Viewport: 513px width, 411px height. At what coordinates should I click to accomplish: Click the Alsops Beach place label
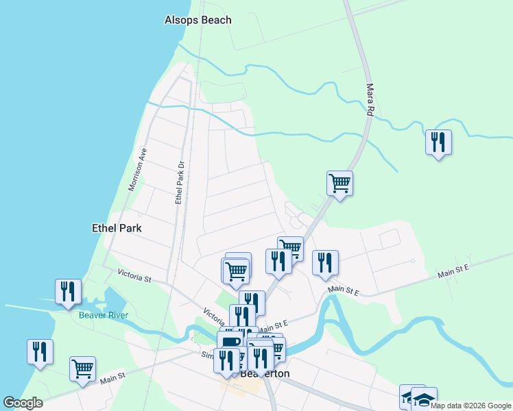[198, 20]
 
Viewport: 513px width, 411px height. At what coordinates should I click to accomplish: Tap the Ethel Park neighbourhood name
[117, 227]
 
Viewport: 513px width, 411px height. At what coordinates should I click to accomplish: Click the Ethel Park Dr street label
[180, 182]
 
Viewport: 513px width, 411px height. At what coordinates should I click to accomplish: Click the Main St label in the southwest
[113, 377]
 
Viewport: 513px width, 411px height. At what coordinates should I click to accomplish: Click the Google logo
[23, 403]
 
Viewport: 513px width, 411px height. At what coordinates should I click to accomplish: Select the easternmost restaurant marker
[438, 142]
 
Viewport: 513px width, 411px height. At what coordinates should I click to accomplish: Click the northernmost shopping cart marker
[339, 183]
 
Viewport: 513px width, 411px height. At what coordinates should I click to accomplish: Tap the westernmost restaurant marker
[40, 351]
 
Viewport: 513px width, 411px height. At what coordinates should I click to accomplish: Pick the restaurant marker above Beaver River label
[68, 291]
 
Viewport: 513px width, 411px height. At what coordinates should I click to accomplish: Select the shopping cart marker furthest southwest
[82, 368]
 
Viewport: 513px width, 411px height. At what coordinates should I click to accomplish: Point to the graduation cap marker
[424, 399]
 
